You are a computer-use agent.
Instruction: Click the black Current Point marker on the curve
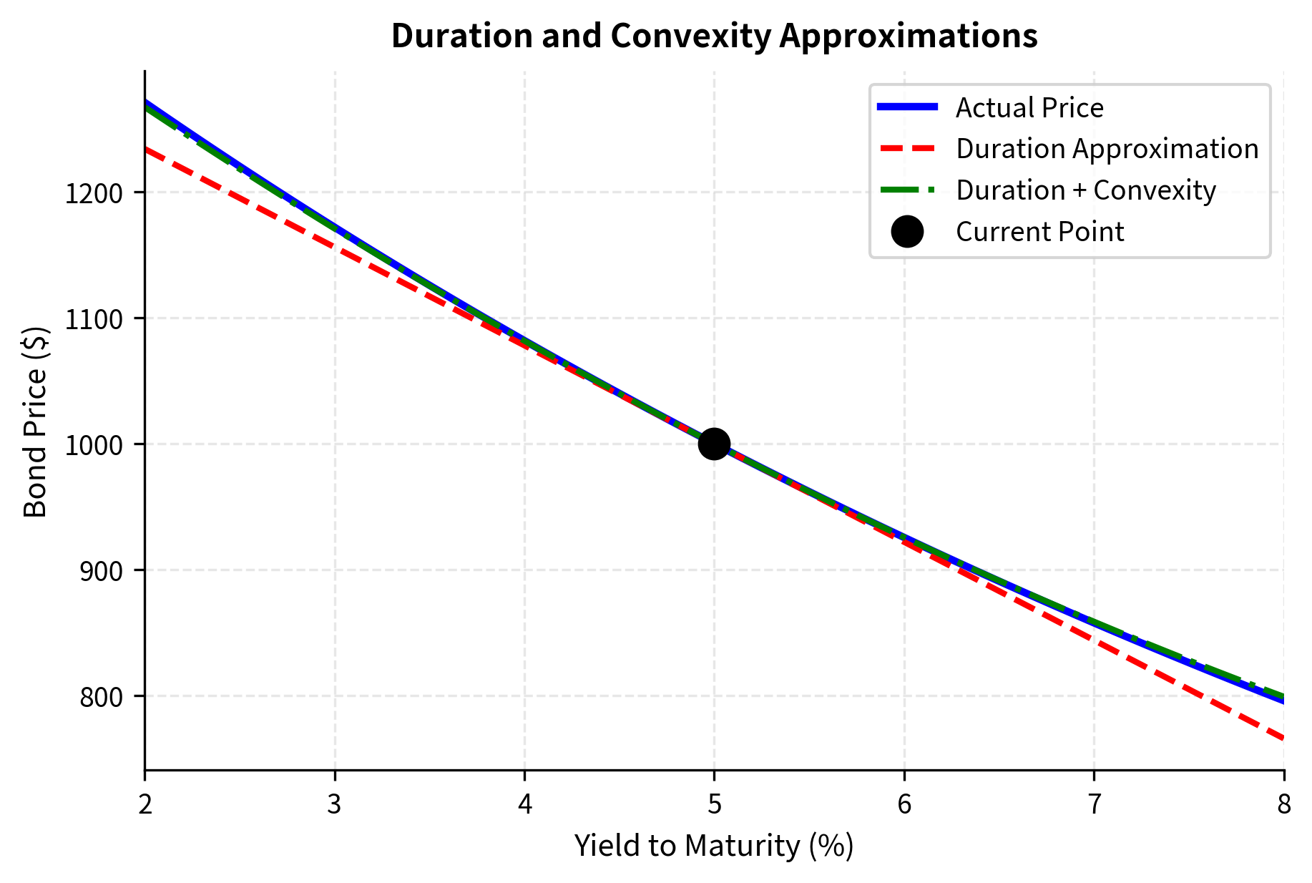713,444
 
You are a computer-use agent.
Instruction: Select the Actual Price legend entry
1029,108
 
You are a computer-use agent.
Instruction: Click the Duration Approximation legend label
1107,149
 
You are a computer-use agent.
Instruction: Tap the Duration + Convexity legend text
1085,190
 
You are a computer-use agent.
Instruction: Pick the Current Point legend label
1039,232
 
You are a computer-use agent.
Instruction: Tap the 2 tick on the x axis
145,805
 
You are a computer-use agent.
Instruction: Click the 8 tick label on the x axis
1284,805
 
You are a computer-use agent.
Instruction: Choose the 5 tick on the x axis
714,805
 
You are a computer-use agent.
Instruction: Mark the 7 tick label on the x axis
1094,805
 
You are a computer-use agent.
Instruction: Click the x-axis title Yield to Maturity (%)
714,846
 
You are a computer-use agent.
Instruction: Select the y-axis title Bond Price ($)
36,421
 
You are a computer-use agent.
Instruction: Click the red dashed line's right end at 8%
1283,738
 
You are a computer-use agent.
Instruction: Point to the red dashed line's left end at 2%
147,149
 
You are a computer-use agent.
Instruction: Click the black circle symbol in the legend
907,232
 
